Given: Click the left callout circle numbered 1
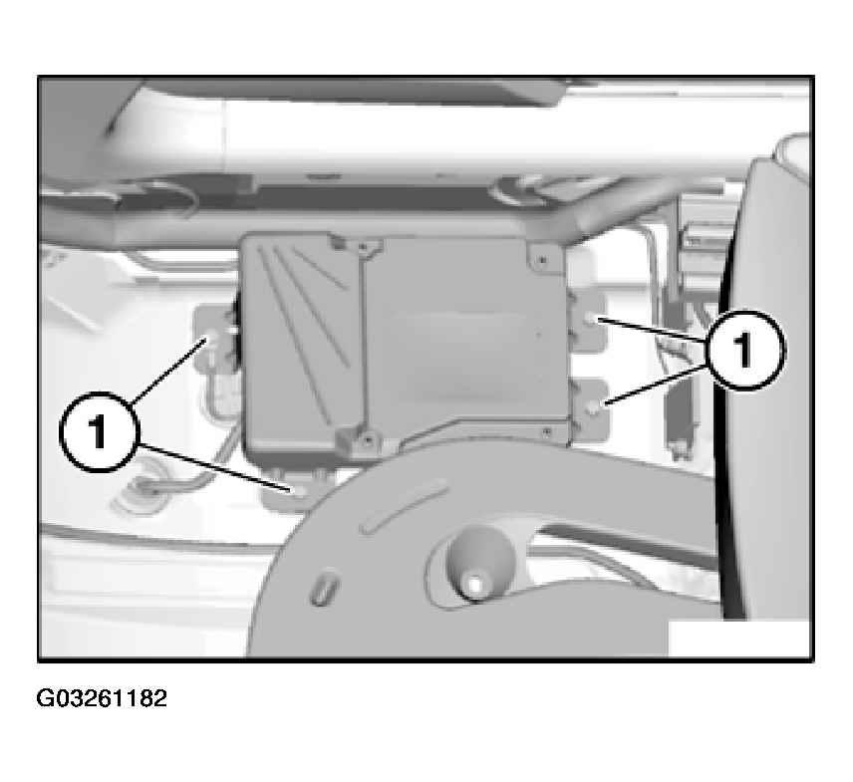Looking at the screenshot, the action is point(99,432).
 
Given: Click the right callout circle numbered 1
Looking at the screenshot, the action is point(743,350).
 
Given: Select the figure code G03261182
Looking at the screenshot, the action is point(102,698).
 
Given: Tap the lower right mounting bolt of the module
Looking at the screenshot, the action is point(596,405).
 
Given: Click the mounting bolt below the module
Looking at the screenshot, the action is point(299,492).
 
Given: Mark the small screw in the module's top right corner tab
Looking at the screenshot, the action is point(542,260).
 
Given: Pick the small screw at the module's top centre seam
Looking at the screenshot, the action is point(364,248).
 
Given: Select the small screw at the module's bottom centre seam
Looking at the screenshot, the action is point(370,436).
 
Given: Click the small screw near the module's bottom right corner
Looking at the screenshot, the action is point(547,432).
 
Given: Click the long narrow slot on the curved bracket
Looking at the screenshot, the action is point(404,507).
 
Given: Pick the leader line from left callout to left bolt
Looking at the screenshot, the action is point(167,372).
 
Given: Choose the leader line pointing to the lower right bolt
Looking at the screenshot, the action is point(656,385).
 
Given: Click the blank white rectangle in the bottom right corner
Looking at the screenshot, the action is point(739,639).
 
